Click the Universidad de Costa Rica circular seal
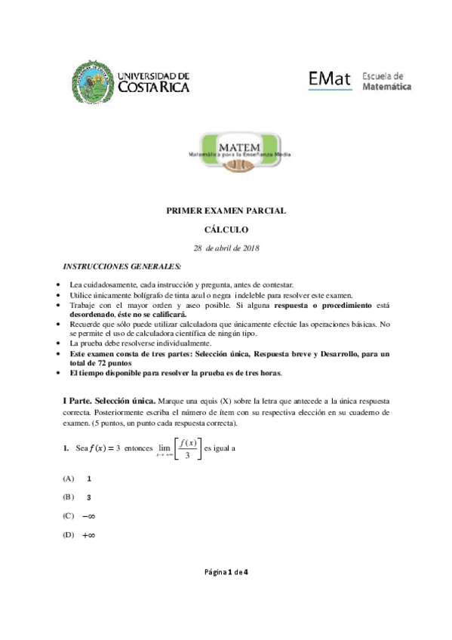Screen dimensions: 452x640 pyautogui.click(x=93, y=82)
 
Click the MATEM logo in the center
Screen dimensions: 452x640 pyautogui.click(x=226, y=152)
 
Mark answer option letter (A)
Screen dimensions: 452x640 pyautogui.click(x=69, y=478)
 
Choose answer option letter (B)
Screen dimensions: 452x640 pyautogui.click(x=69, y=497)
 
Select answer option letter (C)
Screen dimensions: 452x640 pyautogui.click(x=69, y=516)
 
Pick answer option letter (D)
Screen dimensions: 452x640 pyautogui.click(x=69, y=535)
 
